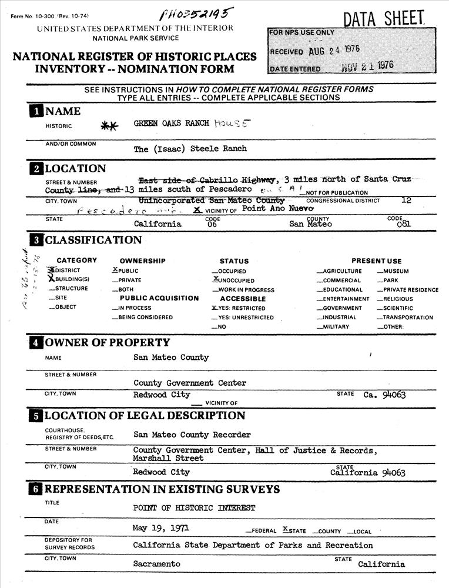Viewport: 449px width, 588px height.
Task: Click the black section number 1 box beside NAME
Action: pos(36,112)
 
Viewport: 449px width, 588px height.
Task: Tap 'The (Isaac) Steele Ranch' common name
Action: pos(190,149)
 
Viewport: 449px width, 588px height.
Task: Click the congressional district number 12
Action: pos(406,200)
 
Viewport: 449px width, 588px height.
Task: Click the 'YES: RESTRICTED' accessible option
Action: pos(242,308)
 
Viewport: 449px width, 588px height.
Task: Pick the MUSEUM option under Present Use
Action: pos(395,271)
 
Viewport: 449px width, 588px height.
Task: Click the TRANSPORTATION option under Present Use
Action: pos(407,318)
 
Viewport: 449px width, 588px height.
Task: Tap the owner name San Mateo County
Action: pos(171,358)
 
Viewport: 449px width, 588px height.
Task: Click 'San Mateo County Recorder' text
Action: pos(192,435)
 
